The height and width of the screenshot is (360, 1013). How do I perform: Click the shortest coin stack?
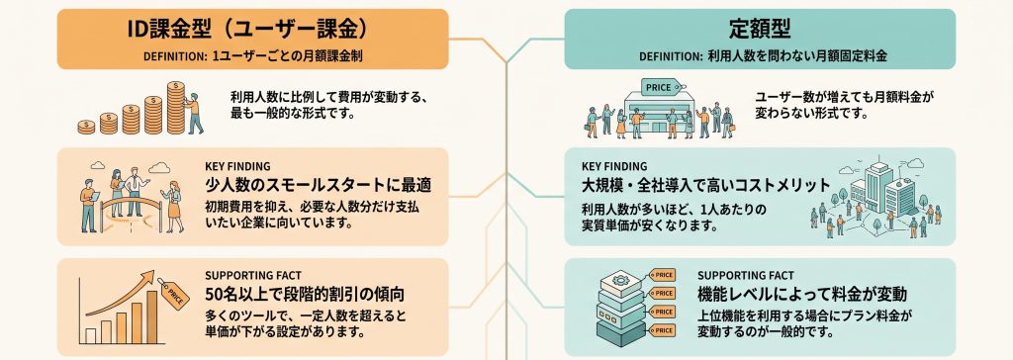86,127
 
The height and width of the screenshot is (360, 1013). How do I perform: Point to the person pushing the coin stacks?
193,113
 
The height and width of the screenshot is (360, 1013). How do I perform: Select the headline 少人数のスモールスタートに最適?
318,186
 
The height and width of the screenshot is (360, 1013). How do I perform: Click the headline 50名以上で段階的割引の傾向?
305,295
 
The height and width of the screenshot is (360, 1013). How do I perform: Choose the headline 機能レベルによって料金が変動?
802,295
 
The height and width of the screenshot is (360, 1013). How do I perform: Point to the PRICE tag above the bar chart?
174,294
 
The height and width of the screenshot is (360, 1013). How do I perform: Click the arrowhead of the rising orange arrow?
149,276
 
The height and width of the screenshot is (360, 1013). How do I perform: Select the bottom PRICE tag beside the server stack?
662,330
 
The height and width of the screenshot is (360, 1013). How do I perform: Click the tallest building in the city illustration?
877,186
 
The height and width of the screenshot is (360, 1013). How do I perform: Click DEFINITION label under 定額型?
668,57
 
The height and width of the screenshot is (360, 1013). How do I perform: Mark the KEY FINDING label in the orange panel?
237,166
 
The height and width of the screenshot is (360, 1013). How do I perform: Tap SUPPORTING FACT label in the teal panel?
746,275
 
